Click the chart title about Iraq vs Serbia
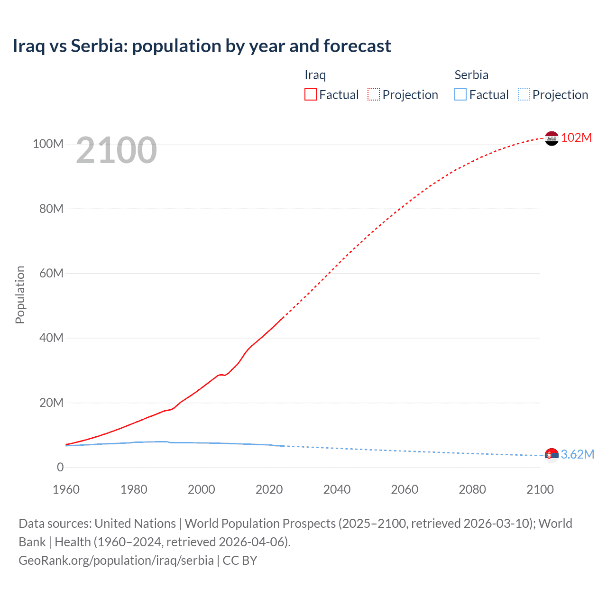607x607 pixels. pyautogui.click(x=202, y=46)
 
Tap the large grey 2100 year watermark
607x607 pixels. pyautogui.click(x=116, y=150)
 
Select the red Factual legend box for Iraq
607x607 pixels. pyautogui.click(x=310, y=94)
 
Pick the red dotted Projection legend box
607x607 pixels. pyautogui.click(x=374, y=94)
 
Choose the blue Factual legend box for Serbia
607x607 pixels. pyautogui.click(x=460, y=94)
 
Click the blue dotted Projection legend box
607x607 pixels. pyautogui.click(x=524, y=94)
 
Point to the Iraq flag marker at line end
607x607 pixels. pyautogui.click(x=552, y=138)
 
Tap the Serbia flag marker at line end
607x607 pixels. pyautogui.click(x=552, y=455)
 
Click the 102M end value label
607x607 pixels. pyautogui.click(x=577, y=138)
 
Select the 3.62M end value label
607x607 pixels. pyautogui.click(x=578, y=454)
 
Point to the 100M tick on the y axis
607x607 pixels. pyautogui.click(x=48, y=144)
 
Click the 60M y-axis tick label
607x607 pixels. pyautogui.click(x=51, y=273)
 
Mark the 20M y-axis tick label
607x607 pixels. pyautogui.click(x=51, y=403)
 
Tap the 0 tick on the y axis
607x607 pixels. pyautogui.click(x=60, y=467)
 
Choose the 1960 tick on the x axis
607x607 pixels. pyautogui.click(x=66, y=489)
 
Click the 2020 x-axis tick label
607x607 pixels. pyautogui.click(x=269, y=489)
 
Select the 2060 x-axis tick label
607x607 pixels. pyautogui.click(x=405, y=489)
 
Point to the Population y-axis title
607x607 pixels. pyautogui.click(x=20, y=294)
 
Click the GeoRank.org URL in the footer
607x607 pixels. pyautogui.click(x=116, y=560)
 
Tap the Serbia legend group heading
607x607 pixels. pyautogui.click(x=471, y=75)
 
